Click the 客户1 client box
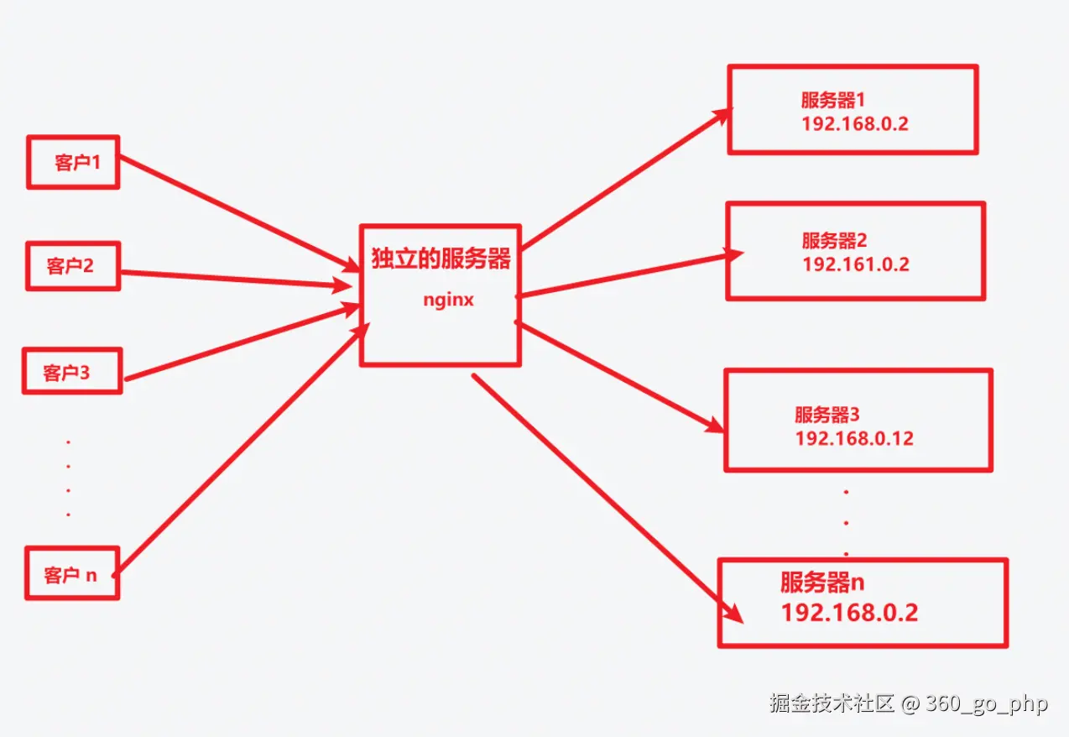73,162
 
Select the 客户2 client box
73,266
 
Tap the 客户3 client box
71,371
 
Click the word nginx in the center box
448,299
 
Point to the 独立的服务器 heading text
441,259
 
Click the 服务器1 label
832,100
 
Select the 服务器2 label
834,240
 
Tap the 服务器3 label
827,414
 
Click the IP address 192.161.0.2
856,264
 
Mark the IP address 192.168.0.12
854,438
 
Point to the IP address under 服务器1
855,124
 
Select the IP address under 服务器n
849,612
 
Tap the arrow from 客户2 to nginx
235,280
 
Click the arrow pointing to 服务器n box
604,495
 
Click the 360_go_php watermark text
987,703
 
